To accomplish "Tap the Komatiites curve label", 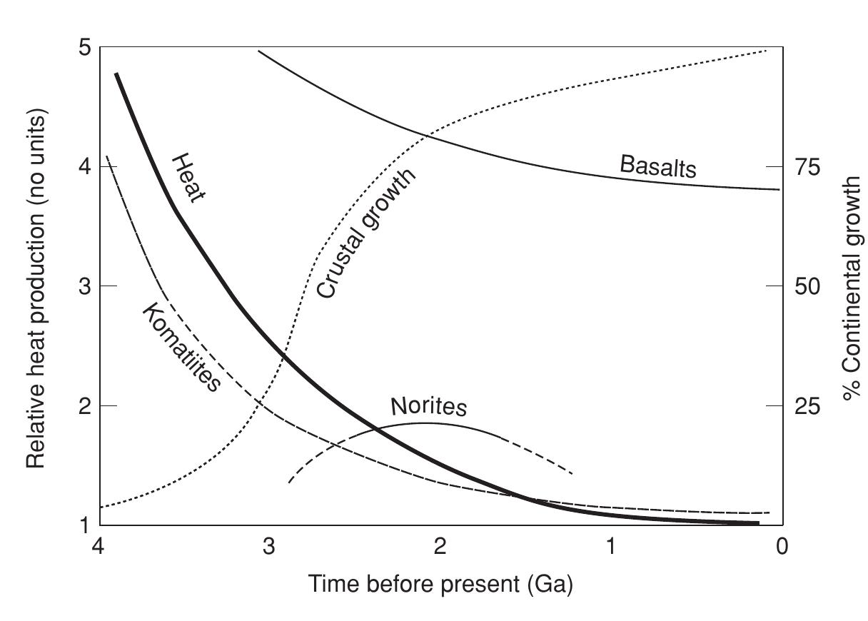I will coord(181,348).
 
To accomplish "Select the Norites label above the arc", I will coord(428,406).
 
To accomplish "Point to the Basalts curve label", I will coord(657,167).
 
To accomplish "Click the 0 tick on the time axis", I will coord(782,547).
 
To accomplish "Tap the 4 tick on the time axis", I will coord(99,547).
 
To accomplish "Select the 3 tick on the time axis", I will coord(269,547).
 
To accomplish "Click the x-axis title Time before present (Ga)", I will coord(440,584).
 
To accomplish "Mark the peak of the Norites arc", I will coord(425,423).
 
